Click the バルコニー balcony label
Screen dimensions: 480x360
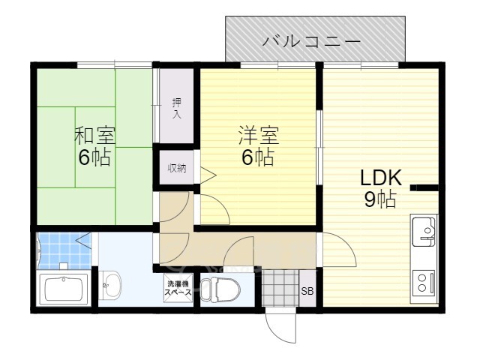point(312,41)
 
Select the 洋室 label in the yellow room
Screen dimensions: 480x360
point(259,135)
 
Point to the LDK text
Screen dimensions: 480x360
point(381,178)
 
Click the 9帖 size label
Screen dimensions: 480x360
point(380,199)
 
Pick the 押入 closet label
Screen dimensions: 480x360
point(177,108)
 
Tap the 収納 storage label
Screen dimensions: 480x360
point(177,168)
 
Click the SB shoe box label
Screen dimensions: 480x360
point(307,291)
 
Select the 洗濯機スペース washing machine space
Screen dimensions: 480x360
point(178,288)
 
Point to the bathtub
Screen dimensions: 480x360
point(64,289)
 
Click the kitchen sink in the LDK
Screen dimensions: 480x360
point(424,231)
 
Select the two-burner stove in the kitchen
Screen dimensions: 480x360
point(424,283)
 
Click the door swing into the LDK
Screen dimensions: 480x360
point(340,250)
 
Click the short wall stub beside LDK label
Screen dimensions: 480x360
point(424,187)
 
